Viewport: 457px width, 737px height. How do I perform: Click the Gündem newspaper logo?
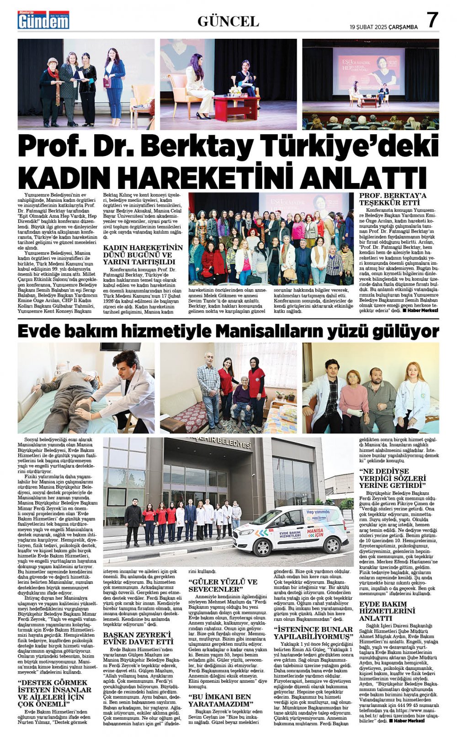pos(43,20)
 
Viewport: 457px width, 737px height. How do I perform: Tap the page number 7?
pos(432,21)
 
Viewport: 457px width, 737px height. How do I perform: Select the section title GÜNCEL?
pos(228,21)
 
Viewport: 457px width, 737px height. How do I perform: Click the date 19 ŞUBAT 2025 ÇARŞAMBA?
pos(384,27)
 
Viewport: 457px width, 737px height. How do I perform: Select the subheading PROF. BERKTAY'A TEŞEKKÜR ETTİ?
pos(393,199)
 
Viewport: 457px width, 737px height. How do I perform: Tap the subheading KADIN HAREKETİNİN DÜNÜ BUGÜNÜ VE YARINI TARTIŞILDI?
pos(143,255)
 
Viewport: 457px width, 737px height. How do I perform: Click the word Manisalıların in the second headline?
pos(265,330)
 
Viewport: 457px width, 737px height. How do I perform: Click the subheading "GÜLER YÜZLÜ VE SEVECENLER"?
pos(223,585)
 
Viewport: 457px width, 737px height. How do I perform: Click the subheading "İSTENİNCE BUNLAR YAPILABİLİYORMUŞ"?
pos(313,633)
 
